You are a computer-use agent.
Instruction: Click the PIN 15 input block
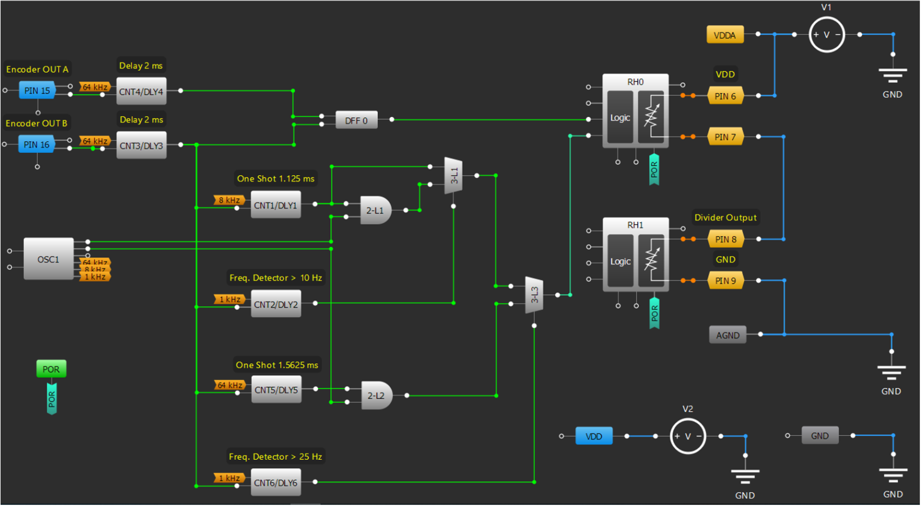click(37, 91)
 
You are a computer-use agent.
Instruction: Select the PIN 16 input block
click(37, 144)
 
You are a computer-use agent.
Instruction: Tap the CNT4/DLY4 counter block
click(141, 92)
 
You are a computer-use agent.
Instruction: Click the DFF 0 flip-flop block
click(356, 121)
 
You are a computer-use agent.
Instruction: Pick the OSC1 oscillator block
click(49, 259)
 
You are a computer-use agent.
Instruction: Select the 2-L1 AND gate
click(375, 210)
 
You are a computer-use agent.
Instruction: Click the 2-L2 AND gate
click(376, 396)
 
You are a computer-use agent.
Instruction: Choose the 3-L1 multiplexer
click(453, 176)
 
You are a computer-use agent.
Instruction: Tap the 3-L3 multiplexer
click(534, 295)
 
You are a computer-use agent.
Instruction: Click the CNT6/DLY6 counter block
click(275, 483)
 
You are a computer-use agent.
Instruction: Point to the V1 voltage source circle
click(826, 35)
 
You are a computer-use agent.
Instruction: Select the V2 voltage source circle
click(687, 436)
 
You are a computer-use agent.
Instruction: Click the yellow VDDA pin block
click(724, 35)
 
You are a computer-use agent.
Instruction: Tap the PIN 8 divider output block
click(725, 239)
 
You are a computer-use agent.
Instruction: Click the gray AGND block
click(727, 335)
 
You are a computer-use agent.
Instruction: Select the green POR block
click(51, 369)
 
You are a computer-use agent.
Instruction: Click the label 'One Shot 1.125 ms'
click(275, 179)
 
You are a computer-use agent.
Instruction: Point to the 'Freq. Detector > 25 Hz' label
click(275, 457)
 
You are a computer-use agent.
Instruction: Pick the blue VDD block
click(594, 436)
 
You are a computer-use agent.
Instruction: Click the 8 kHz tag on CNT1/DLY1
click(229, 200)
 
